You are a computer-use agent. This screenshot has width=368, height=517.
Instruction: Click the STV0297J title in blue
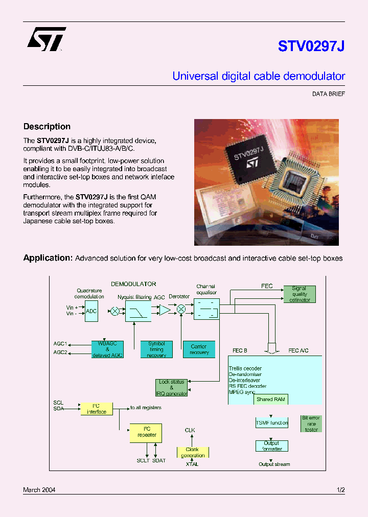click(x=311, y=46)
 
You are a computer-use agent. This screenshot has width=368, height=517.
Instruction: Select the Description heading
click(x=47, y=127)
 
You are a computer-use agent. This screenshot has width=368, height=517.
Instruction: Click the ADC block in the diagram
click(x=91, y=311)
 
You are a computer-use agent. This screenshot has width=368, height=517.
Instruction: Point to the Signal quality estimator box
click(x=300, y=294)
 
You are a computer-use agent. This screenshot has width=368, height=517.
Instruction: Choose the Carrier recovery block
click(x=199, y=349)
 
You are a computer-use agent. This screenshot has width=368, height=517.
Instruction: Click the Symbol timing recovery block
click(x=156, y=349)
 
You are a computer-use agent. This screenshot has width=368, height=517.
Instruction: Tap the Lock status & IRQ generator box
click(x=171, y=388)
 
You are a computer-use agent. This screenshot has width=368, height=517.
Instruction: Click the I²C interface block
click(x=97, y=409)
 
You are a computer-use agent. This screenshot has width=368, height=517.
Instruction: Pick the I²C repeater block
click(x=146, y=433)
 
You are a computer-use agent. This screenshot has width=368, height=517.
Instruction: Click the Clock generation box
click(x=193, y=452)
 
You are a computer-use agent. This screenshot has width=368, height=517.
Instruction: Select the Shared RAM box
click(x=271, y=400)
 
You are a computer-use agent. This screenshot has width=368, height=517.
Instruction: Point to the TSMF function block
click(x=272, y=423)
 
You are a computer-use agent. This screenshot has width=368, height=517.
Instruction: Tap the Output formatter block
click(x=272, y=446)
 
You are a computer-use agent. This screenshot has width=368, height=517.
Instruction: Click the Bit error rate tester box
click(x=311, y=424)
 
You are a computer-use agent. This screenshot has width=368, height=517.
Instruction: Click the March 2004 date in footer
click(x=39, y=490)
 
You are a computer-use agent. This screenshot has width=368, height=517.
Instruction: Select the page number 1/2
click(x=341, y=490)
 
